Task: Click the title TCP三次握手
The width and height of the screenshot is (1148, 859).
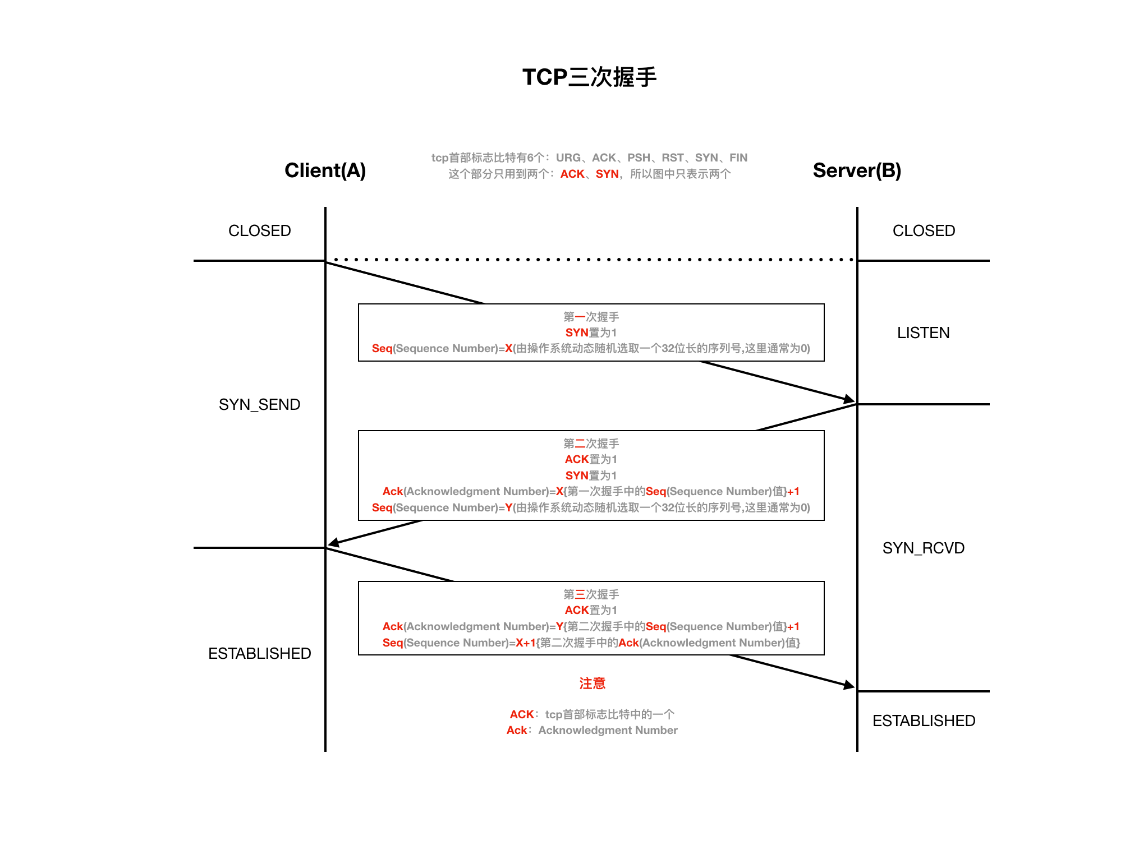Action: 589,77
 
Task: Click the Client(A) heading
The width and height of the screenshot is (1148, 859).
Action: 325,170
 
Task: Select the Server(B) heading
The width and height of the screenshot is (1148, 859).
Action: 857,170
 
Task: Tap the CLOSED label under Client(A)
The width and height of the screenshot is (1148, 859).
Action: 259,231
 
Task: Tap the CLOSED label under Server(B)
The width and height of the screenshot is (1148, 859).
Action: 924,231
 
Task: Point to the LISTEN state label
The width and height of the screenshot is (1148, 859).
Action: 923,333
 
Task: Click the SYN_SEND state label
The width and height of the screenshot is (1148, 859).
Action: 259,405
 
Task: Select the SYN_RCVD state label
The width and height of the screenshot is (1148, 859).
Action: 923,548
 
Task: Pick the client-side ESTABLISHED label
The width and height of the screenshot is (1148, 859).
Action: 259,654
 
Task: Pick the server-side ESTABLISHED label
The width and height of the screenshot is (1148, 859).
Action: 924,721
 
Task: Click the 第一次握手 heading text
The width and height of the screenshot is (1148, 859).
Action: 591,317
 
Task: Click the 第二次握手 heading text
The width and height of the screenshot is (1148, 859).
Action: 591,444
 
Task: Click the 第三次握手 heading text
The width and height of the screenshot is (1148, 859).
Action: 591,594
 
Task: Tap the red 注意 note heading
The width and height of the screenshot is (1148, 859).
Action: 592,683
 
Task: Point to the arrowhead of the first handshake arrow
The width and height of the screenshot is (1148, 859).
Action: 849,400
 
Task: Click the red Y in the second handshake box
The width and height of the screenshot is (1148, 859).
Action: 508,508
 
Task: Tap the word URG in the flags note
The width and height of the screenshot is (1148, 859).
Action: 568,158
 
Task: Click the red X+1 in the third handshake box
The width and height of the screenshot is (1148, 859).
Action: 526,643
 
